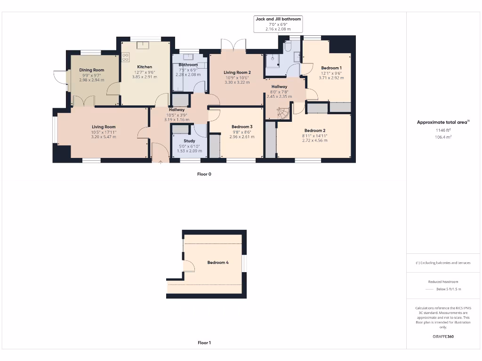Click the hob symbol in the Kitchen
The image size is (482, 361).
pos(126,57)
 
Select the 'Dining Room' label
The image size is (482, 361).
pos(92,70)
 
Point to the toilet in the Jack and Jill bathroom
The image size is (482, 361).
pos(288,47)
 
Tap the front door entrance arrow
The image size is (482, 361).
pos(160,162)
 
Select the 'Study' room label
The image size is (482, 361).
pos(189,141)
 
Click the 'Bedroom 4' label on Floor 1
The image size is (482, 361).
pos(218,262)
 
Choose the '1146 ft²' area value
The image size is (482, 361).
pos(443,130)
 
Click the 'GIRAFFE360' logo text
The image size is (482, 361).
pos(443,337)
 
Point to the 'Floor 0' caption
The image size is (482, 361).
pos(204,174)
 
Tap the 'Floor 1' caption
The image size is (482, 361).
pos(204,343)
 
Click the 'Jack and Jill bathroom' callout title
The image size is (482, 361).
pos(278,19)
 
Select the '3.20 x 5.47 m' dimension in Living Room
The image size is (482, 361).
pos(104,136)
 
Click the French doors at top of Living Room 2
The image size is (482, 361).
pos(234,46)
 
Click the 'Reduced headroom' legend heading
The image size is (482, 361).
pos(443,282)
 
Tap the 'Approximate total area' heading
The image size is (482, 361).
pos(442,122)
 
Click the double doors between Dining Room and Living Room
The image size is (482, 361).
pos(84,102)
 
